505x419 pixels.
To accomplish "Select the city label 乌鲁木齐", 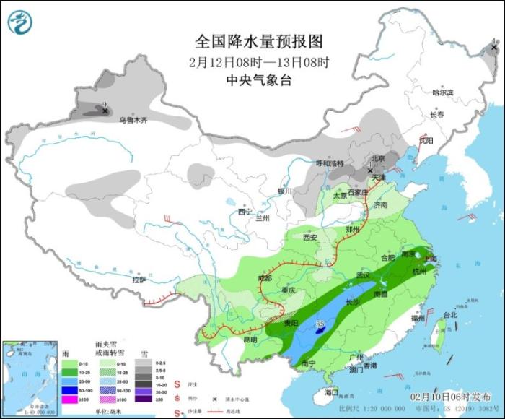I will coord(133,120).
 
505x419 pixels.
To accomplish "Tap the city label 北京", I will coord(378,158).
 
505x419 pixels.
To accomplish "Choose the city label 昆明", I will coord(249,339).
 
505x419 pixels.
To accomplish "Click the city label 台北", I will coord(449,316).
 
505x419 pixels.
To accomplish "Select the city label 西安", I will coord(310,237).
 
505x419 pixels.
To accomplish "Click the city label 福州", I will coord(416,318).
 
